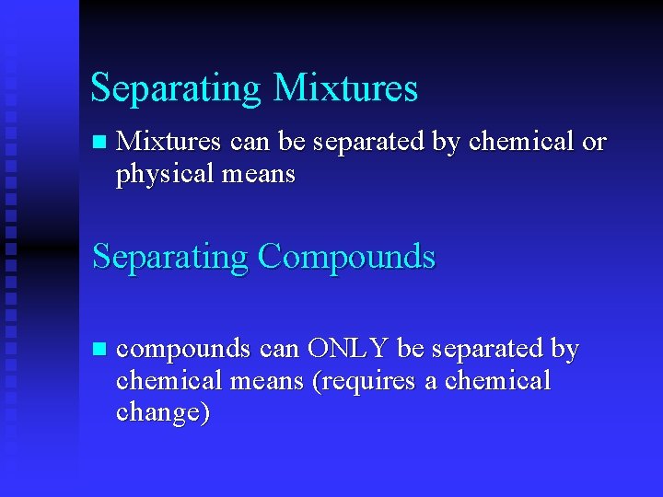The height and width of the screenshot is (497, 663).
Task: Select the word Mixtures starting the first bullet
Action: [169, 142]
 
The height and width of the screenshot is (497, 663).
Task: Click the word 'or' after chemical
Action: [594, 142]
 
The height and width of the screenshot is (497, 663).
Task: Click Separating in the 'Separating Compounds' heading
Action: [170, 257]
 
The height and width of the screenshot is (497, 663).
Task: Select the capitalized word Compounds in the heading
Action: [346, 256]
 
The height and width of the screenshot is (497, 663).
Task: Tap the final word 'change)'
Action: [163, 413]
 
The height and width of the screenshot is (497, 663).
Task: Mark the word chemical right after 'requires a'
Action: [498, 380]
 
